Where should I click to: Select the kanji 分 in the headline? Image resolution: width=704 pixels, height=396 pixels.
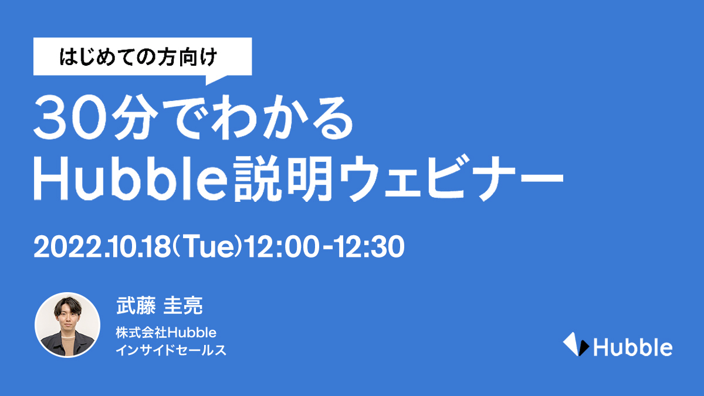(135, 117)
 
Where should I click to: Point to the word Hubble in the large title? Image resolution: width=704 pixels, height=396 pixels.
(130, 178)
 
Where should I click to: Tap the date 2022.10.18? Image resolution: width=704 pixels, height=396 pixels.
(102, 247)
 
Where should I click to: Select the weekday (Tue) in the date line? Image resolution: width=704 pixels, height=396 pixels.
(208, 247)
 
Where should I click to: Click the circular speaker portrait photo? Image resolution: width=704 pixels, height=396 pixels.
(67, 325)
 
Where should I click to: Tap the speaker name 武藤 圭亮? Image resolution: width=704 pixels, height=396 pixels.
(160, 306)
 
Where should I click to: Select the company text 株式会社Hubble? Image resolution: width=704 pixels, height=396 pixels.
(166, 333)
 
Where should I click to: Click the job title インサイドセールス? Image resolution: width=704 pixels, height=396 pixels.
(171, 350)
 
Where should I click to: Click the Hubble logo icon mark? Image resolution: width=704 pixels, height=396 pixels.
(576, 344)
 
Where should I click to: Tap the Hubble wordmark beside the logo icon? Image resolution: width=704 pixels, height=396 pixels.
(632, 347)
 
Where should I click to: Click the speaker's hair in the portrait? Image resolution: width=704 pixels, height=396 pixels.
(67, 306)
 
